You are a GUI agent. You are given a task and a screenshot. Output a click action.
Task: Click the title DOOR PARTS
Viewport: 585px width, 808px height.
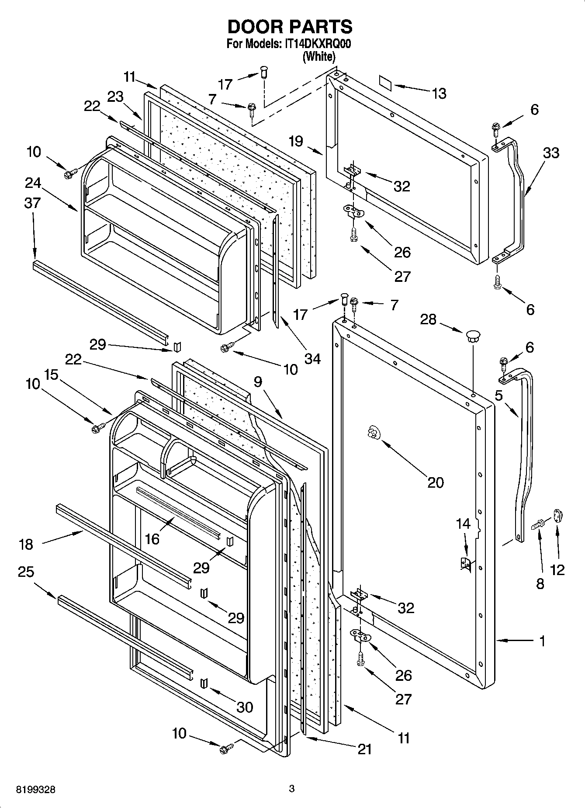click(290, 27)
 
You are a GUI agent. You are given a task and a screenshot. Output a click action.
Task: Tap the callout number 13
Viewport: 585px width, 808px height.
click(439, 94)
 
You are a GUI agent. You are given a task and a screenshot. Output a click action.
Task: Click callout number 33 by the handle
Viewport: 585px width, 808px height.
click(551, 153)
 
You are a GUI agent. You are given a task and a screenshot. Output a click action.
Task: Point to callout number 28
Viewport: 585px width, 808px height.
click(428, 319)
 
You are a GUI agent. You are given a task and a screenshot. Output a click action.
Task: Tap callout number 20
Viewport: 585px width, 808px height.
click(435, 482)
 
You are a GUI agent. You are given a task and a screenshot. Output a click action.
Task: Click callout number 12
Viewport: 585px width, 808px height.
click(558, 569)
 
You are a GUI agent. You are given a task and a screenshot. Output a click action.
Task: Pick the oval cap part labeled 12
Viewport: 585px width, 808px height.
click(558, 516)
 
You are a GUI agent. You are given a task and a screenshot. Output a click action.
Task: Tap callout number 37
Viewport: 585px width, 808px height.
click(32, 203)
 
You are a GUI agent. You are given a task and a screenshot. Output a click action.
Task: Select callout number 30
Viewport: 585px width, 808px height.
click(244, 707)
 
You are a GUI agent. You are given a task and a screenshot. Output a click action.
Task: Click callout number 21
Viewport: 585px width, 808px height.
click(364, 749)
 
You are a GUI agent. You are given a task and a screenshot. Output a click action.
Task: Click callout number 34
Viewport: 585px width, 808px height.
click(312, 359)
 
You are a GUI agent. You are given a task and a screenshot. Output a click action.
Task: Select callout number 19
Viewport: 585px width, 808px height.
click(295, 141)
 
